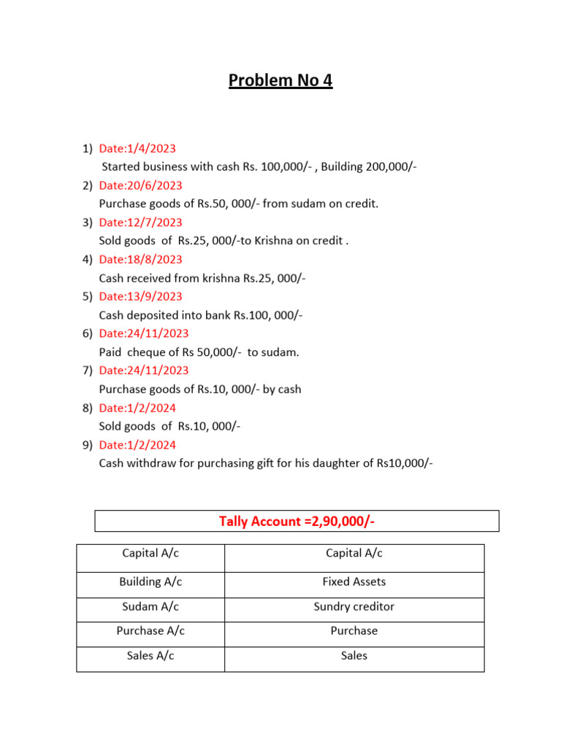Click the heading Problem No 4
point(280,80)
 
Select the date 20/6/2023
point(140,185)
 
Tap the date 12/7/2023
point(140,222)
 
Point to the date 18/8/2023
point(140,259)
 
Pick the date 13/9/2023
point(140,296)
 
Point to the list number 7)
point(88,371)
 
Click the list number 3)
point(88,222)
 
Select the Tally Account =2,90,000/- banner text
point(297,521)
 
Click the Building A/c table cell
point(150,582)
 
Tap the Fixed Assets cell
point(354,582)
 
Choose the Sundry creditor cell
point(354,607)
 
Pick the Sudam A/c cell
point(150,607)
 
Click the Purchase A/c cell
point(150,631)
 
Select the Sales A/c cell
point(150,656)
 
